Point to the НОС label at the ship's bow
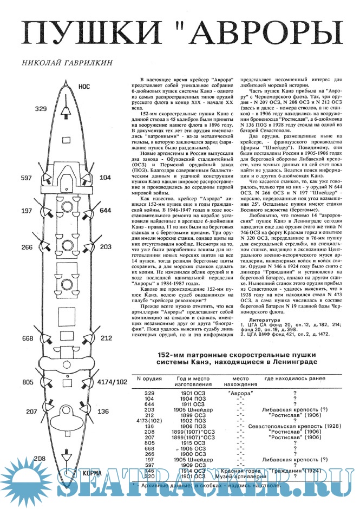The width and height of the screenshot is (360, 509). click(84, 86)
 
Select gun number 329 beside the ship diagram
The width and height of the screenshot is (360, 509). click(41, 109)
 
